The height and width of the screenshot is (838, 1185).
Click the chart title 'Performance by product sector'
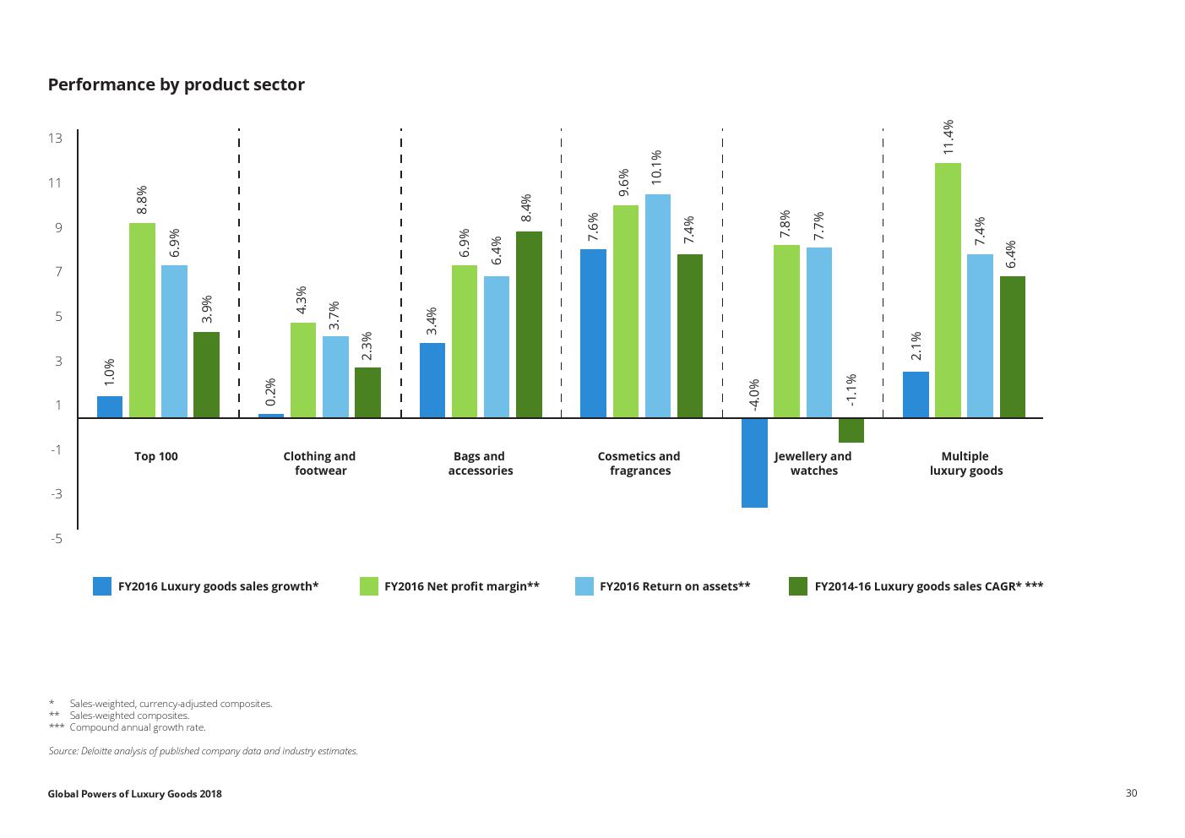tap(176, 84)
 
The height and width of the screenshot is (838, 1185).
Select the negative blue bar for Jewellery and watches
tap(754, 462)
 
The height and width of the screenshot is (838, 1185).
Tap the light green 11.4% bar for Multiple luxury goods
tap(948, 290)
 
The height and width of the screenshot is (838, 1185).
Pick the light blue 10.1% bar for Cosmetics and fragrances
tap(658, 306)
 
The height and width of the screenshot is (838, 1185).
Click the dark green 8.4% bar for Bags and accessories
tap(529, 324)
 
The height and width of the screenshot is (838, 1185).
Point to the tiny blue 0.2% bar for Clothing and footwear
tap(271, 415)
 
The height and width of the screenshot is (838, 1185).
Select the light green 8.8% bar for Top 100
tap(142, 320)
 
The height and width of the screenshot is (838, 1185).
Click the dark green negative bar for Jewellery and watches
tap(851, 430)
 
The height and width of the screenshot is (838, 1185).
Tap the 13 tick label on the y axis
tap(55, 139)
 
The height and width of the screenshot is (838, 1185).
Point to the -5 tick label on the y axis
tap(55, 538)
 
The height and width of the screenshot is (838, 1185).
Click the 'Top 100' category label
tap(156, 456)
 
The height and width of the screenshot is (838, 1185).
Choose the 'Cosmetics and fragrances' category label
tap(639, 463)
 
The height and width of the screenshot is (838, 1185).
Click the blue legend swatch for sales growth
tap(102, 586)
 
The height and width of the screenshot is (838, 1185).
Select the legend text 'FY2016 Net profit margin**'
tap(461, 586)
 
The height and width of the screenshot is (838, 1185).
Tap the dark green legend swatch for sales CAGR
tap(798, 586)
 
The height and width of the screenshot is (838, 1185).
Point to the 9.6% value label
tap(624, 182)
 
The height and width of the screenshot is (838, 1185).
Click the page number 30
tap(1131, 792)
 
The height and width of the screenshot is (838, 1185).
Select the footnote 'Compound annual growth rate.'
tap(138, 727)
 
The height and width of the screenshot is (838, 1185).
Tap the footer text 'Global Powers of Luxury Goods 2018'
tap(134, 794)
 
